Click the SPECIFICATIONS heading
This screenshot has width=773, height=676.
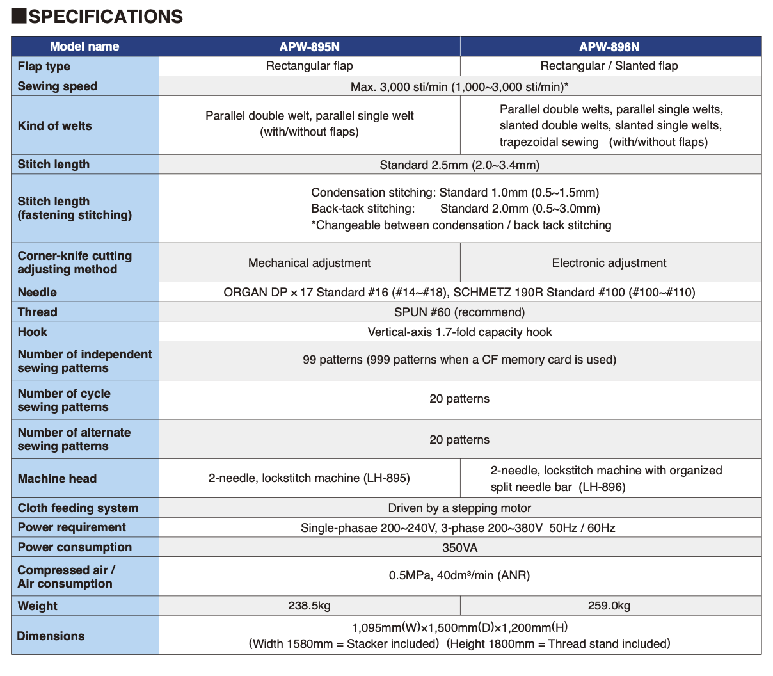click(106, 17)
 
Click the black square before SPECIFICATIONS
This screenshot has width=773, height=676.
click(19, 16)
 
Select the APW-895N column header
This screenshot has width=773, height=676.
click(309, 47)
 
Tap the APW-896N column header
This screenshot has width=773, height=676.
click(609, 47)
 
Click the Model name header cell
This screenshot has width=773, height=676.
click(84, 46)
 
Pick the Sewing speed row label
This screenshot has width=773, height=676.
click(58, 86)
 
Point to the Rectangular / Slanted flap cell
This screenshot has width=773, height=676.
click(609, 66)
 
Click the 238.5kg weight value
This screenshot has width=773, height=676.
click(309, 606)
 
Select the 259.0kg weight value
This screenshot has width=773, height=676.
click(609, 606)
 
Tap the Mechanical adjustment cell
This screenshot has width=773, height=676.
click(309, 263)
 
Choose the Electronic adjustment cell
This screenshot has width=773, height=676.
click(609, 263)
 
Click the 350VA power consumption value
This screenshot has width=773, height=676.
click(459, 548)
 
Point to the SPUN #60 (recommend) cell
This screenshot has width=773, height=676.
click(459, 312)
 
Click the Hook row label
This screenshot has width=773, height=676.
click(33, 332)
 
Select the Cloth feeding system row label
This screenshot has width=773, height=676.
click(78, 508)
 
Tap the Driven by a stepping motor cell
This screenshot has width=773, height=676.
click(459, 508)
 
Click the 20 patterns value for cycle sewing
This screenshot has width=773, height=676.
click(459, 399)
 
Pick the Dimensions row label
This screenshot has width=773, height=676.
click(51, 636)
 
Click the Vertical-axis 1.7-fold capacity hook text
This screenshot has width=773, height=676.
click(459, 332)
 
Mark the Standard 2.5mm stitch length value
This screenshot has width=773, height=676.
click(459, 165)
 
